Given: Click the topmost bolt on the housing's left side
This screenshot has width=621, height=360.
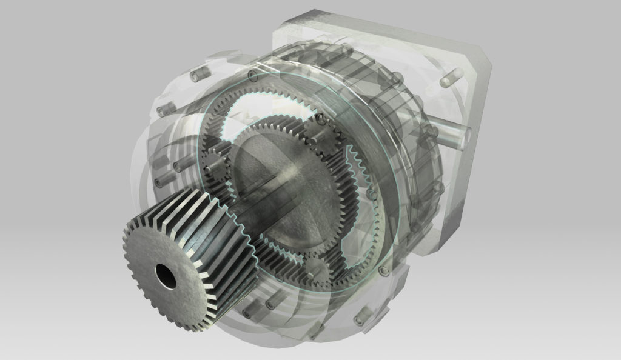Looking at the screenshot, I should [197, 76].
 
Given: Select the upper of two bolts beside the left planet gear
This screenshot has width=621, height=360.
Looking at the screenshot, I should [180, 164].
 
